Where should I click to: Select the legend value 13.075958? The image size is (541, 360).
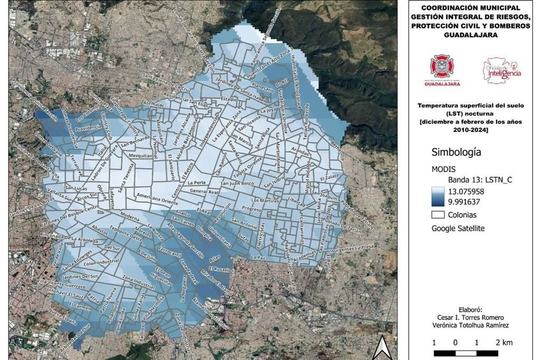point(473,192)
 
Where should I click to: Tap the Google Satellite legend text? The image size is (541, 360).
point(458,229)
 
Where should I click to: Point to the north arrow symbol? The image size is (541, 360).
point(381,348)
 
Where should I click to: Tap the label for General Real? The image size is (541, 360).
point(204,191)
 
